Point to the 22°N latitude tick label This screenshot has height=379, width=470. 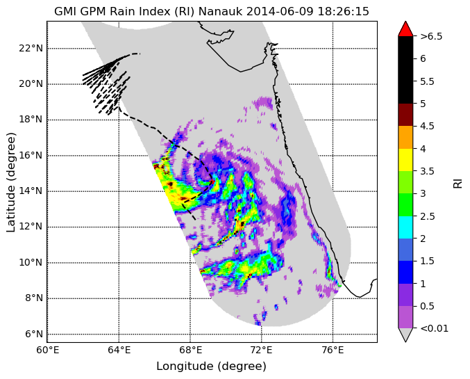pos(31,48)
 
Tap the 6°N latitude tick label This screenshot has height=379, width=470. pos(33,334)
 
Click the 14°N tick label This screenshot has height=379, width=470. pos(31,191)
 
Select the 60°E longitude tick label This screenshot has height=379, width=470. pos(47,350)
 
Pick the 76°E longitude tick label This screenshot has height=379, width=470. pos(333,350)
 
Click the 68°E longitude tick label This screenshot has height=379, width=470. pos(190,350)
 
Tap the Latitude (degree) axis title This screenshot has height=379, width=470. pos(10,182)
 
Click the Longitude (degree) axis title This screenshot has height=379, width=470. pos(211,366)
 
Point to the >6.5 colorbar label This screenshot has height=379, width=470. pos(431,36)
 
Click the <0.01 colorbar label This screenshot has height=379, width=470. pos(435,328)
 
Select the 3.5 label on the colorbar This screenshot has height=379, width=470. pos(427,171)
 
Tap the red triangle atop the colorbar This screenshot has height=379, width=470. pos(405,29)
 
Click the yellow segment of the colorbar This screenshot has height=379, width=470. pos(405,160)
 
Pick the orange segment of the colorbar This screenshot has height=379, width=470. pos(405,137)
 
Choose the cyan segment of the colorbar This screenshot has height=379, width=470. pos(405,227)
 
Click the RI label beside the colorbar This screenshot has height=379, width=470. pos(458,183)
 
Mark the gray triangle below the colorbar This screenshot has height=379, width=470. pos(405,334)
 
